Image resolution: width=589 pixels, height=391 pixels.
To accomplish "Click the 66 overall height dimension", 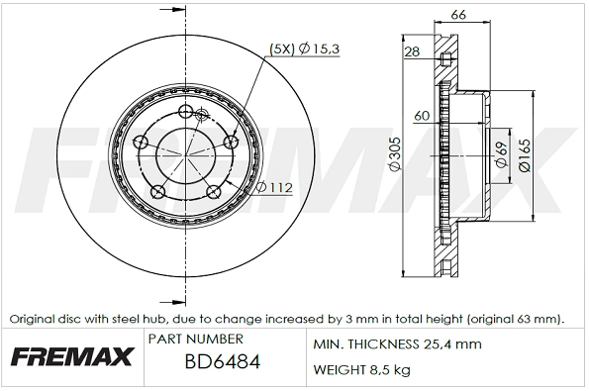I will click(456, 14).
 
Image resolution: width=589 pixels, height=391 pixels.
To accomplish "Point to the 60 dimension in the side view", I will click(422, 116).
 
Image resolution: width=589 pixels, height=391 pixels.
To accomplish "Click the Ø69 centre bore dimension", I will click(502, 152).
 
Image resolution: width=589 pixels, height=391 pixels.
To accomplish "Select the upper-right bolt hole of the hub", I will click(233, 144).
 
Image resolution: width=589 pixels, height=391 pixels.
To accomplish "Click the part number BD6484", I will click(223, 362).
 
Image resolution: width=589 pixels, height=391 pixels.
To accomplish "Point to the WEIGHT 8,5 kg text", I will click(362, 370).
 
